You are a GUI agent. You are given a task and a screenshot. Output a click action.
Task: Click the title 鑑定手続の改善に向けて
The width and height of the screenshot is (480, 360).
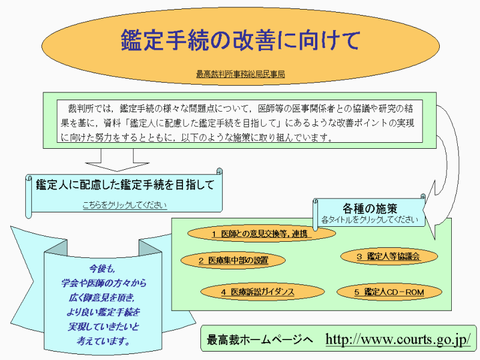point(241,40)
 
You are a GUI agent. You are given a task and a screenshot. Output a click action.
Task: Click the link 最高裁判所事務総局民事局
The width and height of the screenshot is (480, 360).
point(241,74)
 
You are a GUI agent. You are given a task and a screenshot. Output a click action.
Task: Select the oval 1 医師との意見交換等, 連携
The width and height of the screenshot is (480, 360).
point(262,234)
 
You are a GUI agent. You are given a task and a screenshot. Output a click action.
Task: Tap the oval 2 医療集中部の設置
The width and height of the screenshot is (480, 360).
point(233,260)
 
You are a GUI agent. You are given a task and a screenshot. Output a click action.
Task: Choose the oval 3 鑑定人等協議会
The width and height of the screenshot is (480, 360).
point(389,257)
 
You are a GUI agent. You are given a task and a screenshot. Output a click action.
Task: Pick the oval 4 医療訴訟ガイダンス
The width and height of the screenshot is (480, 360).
point(262,292)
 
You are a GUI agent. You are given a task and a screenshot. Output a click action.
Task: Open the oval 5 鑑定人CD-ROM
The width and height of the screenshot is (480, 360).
point(389,292)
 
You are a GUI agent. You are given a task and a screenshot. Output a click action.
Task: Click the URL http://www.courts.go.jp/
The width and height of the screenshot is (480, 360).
point(398,340)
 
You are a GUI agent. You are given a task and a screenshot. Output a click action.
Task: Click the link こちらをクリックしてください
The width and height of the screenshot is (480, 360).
point(125,205)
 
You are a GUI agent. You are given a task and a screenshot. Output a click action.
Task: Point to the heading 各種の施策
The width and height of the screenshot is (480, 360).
point(370,208)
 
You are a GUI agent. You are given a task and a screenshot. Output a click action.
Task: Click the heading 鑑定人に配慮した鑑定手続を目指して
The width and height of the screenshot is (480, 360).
point(125,185)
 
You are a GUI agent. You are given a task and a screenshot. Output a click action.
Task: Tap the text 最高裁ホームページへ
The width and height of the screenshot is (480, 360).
point(260,340)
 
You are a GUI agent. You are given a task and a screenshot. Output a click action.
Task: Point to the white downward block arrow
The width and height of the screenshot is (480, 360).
point(117,160)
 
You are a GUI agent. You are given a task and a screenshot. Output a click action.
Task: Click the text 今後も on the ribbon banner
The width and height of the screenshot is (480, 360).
point(102,269)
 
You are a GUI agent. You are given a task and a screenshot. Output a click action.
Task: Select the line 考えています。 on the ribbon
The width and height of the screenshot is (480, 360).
point(103,340)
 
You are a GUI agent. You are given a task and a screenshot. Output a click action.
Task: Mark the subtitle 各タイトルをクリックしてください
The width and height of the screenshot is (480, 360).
point(370,220)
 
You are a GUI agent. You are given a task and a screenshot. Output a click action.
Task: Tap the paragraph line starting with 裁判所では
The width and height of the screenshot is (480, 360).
point(241,109)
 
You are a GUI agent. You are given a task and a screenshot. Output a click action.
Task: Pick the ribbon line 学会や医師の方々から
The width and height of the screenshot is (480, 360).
point(103,283)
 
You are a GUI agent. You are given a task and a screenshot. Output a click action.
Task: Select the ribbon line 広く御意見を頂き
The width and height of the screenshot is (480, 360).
point(101,298)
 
